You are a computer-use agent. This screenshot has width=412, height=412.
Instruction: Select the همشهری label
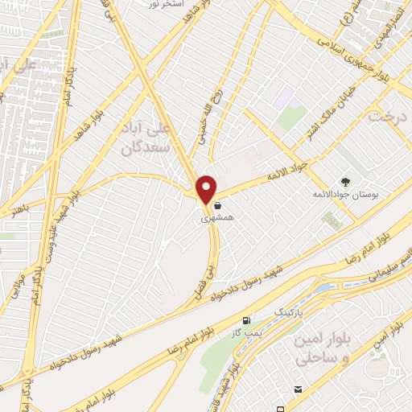[216, 217]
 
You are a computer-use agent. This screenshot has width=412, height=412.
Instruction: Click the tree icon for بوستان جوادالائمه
[347, 182]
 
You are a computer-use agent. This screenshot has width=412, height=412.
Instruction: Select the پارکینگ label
[290, 310]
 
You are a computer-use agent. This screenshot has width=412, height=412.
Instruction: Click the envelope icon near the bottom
[299, 389]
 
